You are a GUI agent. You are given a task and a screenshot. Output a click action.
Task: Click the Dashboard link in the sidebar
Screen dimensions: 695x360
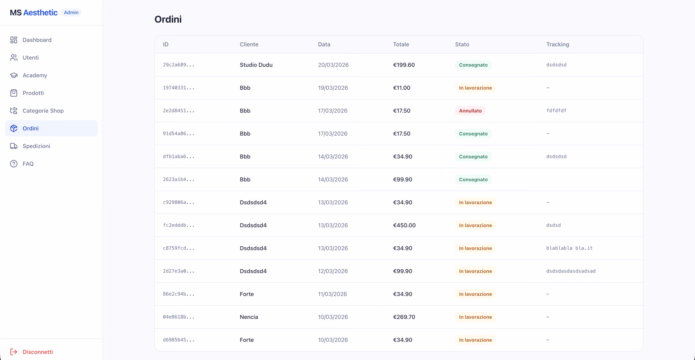[37, 40]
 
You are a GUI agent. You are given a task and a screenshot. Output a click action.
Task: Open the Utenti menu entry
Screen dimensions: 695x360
[31, 58]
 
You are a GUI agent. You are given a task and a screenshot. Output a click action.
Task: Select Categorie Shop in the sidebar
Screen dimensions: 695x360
[43, 111]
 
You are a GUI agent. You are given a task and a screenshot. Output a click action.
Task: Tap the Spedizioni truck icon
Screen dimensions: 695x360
[14, 146]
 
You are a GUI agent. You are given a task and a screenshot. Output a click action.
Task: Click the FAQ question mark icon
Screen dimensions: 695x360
[14, 164]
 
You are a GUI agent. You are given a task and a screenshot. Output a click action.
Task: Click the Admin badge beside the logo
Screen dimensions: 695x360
[71, 13]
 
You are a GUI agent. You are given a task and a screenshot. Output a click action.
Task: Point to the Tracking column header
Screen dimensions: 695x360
[557, 44]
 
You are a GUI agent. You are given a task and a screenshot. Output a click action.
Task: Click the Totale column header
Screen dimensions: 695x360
[401, 44]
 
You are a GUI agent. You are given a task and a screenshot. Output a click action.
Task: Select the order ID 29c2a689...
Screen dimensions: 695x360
[179, 65]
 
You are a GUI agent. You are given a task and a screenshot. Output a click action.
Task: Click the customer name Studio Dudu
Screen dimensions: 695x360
[256, 65]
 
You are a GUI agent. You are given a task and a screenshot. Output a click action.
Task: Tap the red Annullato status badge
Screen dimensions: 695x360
[470, 111]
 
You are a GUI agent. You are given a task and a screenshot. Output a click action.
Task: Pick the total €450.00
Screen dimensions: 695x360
[404, 226]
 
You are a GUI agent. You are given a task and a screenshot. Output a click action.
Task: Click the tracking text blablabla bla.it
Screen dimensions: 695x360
[569, 248]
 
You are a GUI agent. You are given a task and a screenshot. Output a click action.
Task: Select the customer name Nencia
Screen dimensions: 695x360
[249, 317]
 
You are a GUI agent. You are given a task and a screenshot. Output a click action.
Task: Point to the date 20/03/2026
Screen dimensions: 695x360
[333, 65]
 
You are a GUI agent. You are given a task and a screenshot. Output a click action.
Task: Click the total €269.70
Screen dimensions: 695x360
[404, 317]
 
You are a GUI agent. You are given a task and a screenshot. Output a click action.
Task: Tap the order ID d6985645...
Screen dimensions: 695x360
[179, 340]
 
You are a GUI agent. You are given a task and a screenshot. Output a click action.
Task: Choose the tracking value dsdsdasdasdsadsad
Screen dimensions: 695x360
[571, 271]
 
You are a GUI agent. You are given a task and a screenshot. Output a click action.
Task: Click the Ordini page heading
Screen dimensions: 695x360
[168, 19]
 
